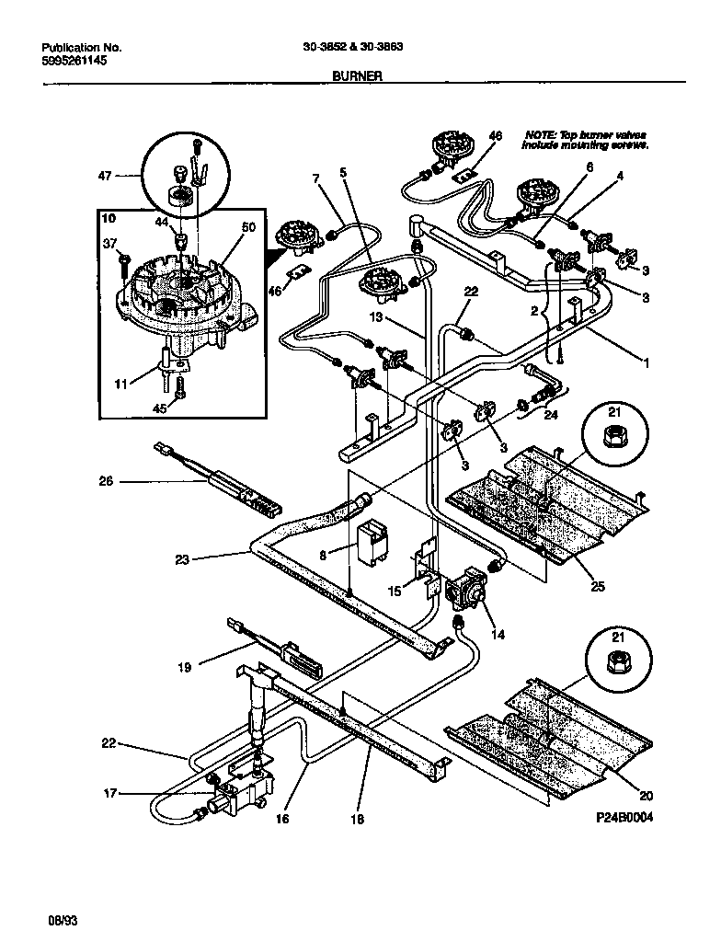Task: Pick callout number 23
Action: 181,558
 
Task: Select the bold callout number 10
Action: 108,219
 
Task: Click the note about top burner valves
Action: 586,140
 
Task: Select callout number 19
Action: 184,667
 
